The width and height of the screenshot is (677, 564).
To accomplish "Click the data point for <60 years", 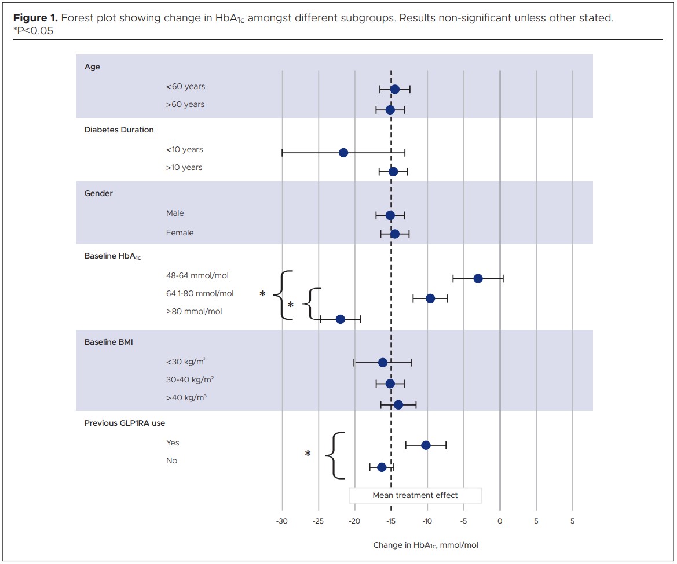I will [394, 89].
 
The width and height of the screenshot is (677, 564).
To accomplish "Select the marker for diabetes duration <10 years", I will [343, 153].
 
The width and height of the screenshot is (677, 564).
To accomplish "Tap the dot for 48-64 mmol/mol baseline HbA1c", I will [478, 278].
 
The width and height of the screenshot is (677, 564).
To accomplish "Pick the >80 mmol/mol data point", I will [340, 319].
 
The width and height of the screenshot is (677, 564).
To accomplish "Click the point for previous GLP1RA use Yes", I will [426, 445].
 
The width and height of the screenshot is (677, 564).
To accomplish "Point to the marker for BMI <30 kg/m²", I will [382, 363].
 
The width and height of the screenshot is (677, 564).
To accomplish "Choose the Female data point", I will [394, 234].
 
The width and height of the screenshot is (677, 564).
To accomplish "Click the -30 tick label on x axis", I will [282, 521].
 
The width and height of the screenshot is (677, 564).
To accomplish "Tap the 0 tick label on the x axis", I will [500, 521].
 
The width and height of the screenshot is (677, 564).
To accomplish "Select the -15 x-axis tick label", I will [391, 521].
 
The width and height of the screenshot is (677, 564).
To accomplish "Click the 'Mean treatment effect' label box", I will [415, 495].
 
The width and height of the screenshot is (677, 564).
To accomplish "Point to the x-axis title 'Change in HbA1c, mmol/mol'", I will [426, 545].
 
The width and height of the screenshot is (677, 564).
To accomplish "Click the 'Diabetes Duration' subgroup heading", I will [119, 130].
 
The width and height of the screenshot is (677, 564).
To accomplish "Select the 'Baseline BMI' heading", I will [108, 342].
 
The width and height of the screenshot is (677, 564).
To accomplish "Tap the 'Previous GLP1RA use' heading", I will [125, 423].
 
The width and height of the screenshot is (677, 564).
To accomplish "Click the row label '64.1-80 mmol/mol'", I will [200, 293].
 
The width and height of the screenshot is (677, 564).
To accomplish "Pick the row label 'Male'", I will [175, 213].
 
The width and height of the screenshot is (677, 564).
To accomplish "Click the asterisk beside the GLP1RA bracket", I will [308, 454].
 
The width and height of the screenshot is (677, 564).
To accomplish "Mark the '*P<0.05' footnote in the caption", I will [33, 31].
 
